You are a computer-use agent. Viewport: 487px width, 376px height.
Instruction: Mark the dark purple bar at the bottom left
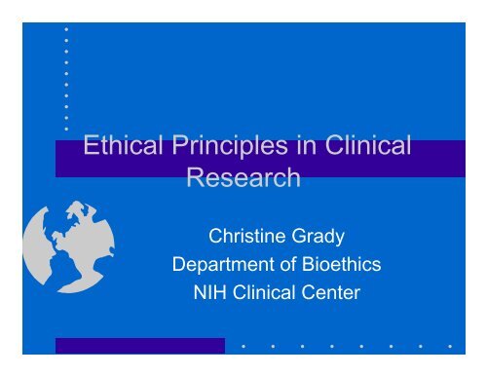point(139,345)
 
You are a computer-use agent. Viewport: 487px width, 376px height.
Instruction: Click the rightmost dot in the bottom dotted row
point(449,345)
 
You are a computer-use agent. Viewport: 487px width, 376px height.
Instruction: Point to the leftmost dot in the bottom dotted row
point(243,345)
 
